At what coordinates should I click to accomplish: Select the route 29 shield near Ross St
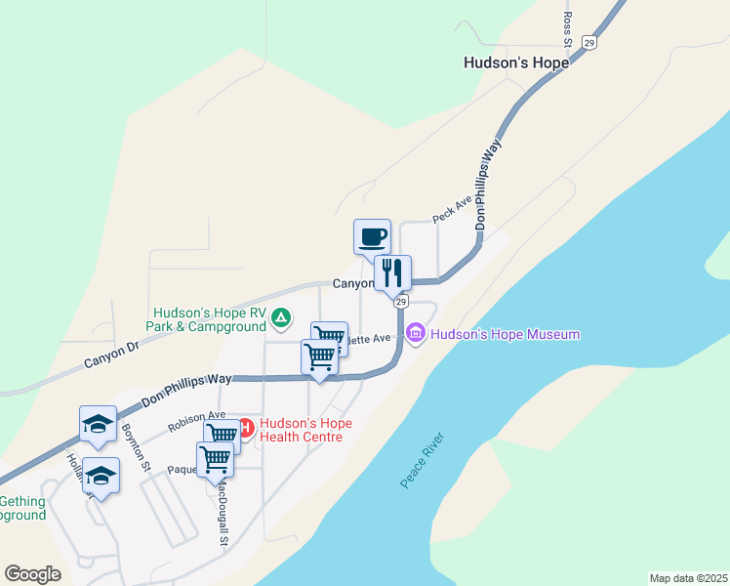click(x=588, y=42)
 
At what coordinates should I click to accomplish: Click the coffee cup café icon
click(x=372, y=236)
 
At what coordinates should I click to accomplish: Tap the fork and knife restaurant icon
click(x=392, y=272)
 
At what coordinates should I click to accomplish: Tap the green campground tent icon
click(x=281, y=317)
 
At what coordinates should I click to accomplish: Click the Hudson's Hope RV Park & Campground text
click(x=206, y=318)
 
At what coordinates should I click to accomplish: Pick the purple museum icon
click(x=416, y=334)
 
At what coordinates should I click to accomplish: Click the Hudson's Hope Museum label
click(x=506, y=335)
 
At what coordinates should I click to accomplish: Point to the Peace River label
click(x=423, y=460)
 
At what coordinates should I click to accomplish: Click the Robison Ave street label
click(x=196, y=421)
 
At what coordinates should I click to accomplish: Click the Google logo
click(x=32, y=574)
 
